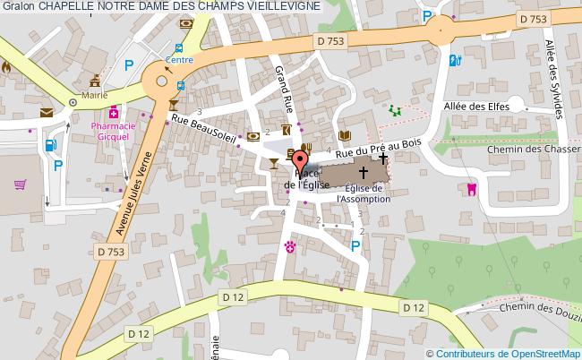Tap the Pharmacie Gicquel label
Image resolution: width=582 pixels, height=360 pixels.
tap(114, 133)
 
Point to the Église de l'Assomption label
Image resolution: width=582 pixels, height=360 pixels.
tap(364, 193)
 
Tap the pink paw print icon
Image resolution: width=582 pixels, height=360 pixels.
tap(289, 245)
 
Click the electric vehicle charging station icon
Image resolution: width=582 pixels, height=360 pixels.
tap(454, 61)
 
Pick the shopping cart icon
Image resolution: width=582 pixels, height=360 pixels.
tap(20, 185)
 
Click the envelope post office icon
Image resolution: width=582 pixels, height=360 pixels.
tap(46, 113)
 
